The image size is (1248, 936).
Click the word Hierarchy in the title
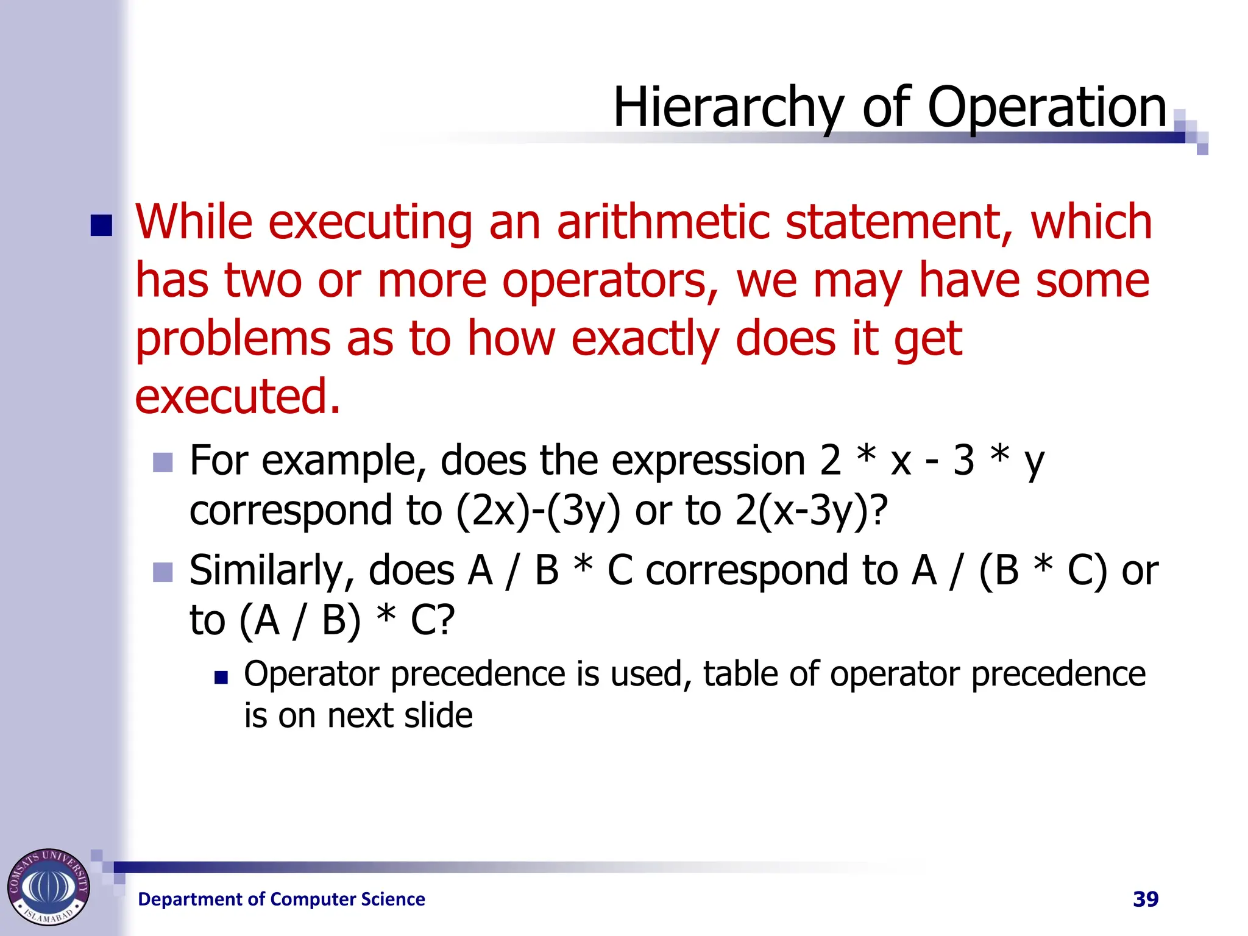pyautogui.click(x=728, y=108)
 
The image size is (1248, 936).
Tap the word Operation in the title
pyautogui.click(x=1046, y=108)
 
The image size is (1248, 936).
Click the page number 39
pyautogui.click(x=1145, y=899)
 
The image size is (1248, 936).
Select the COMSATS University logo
pyautogui.click(x=49, y=887)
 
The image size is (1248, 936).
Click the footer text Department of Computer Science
pyautogui.click(x=282, y=899)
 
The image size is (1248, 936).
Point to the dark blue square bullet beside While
pyautogui.click(x=102, y=225)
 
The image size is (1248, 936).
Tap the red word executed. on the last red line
pyautogui.click(x=237, y=396)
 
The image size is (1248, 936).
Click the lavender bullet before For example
pyautogui.click(x=163, y=463)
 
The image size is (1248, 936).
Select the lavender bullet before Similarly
pyautogui.click(x=163, y=572)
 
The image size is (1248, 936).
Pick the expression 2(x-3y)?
pyautogui.click(x=811, y=511)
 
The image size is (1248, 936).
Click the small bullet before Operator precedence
pyautogui.click(x=221, y=677)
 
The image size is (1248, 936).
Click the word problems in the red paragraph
pyautogui.click(x=233, y=339)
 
